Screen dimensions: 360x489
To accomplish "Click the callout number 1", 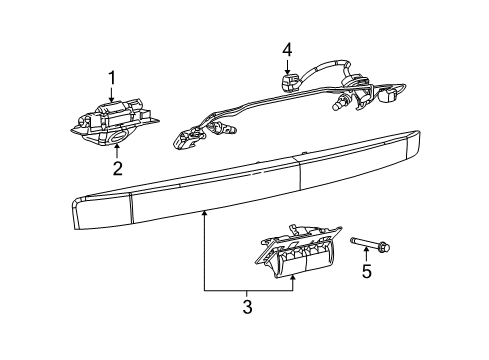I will [112, 77].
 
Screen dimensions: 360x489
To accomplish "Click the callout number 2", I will [117, 169].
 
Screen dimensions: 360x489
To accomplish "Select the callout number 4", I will [286, 48].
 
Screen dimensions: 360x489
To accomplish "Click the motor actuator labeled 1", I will [115, 113].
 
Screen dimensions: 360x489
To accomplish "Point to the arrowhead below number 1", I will [112, 97].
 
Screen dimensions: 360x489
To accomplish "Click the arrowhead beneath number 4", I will [286, 67].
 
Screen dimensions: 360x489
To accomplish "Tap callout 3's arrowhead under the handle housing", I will [293, 276].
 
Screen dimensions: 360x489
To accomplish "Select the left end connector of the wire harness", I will [187, 139].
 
